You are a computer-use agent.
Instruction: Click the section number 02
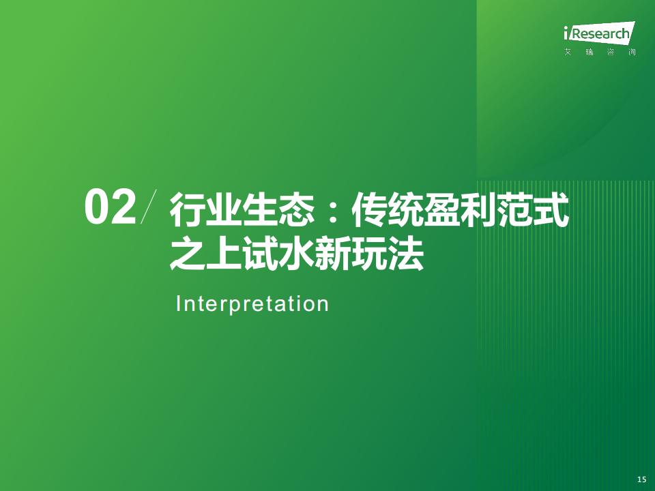pyautogui.click(x=111, y=207)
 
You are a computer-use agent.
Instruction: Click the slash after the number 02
pyautogui.click(x=149, y=207)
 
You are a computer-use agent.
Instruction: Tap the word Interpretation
pyautogui.click(x=252, y=304)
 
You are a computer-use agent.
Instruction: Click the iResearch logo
pyautogui.click(x=599, y=33)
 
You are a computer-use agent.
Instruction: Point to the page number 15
pyautogui.click(x=641, y=479)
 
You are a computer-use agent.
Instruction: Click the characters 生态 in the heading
pyautogui.click(x=278, y=209)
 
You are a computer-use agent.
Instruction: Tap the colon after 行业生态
pyautogui.click(x=333, y=211)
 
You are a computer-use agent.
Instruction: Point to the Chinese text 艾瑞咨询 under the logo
pyautogui.click(x=600, y=53)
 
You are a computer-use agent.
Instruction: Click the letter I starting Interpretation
pyautogui.click(x=178, y=303)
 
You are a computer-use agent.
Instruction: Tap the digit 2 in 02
pyautogui.click(x=124, y=207)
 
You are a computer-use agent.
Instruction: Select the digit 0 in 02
pyautogui.click(x=98, y=207)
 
